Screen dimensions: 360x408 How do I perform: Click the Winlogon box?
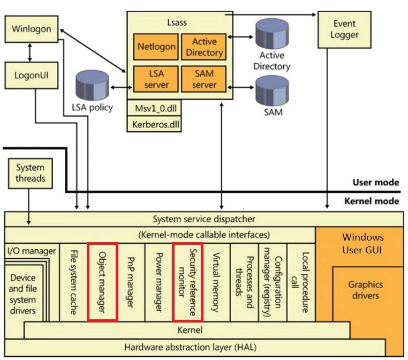(x=31, y=29)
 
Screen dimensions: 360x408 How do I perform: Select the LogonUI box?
(x=31, y=76)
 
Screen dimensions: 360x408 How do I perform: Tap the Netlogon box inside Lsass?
(x=156, y=46)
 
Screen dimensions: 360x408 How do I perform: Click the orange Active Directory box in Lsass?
(x=204, y=47)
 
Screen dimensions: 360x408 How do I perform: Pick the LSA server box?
(x=156, y=79)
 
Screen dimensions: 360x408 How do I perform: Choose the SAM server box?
(x=204, y=79)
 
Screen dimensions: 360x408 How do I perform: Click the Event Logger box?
(x=344, y=29)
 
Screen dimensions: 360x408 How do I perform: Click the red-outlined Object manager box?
(x=102, y=282)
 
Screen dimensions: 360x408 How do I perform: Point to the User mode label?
(x=375, y=182)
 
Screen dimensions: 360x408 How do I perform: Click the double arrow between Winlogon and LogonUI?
(x=30, y=52)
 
